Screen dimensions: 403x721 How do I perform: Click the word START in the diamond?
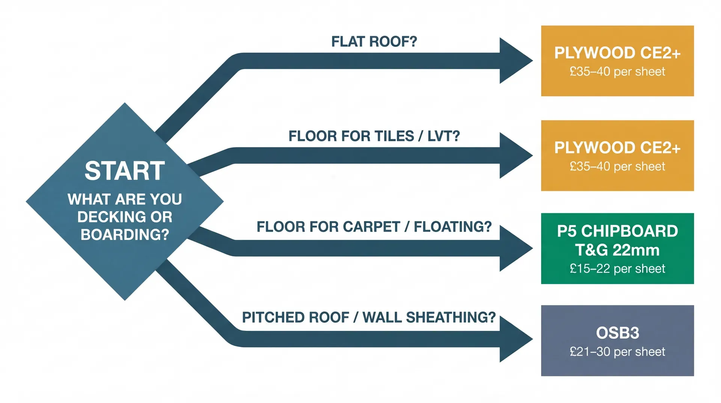[x=125, y=171]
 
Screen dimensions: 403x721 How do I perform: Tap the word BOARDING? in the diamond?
[x=125, y=235]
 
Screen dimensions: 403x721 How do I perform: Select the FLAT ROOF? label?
[x=374, y=41]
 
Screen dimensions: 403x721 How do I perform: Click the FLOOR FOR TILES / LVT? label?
[x=374, y=136]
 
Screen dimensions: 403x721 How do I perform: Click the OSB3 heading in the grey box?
[x=617, y=333]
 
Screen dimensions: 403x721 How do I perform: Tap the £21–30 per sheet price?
[x=617, y=352]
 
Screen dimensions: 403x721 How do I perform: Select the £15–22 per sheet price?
[x=617, y=269]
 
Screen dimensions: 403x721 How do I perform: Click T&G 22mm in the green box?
[x=617, y=250]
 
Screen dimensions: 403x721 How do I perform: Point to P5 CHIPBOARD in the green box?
[x=617, y=231]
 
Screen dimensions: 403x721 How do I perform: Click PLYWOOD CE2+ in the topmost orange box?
[x=617, y=53]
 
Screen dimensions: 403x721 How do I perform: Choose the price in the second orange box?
[x=617, y=167]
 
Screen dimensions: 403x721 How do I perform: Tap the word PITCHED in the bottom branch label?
[x=269, y=317]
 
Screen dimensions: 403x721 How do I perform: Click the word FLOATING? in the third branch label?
[x=453, y=227]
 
